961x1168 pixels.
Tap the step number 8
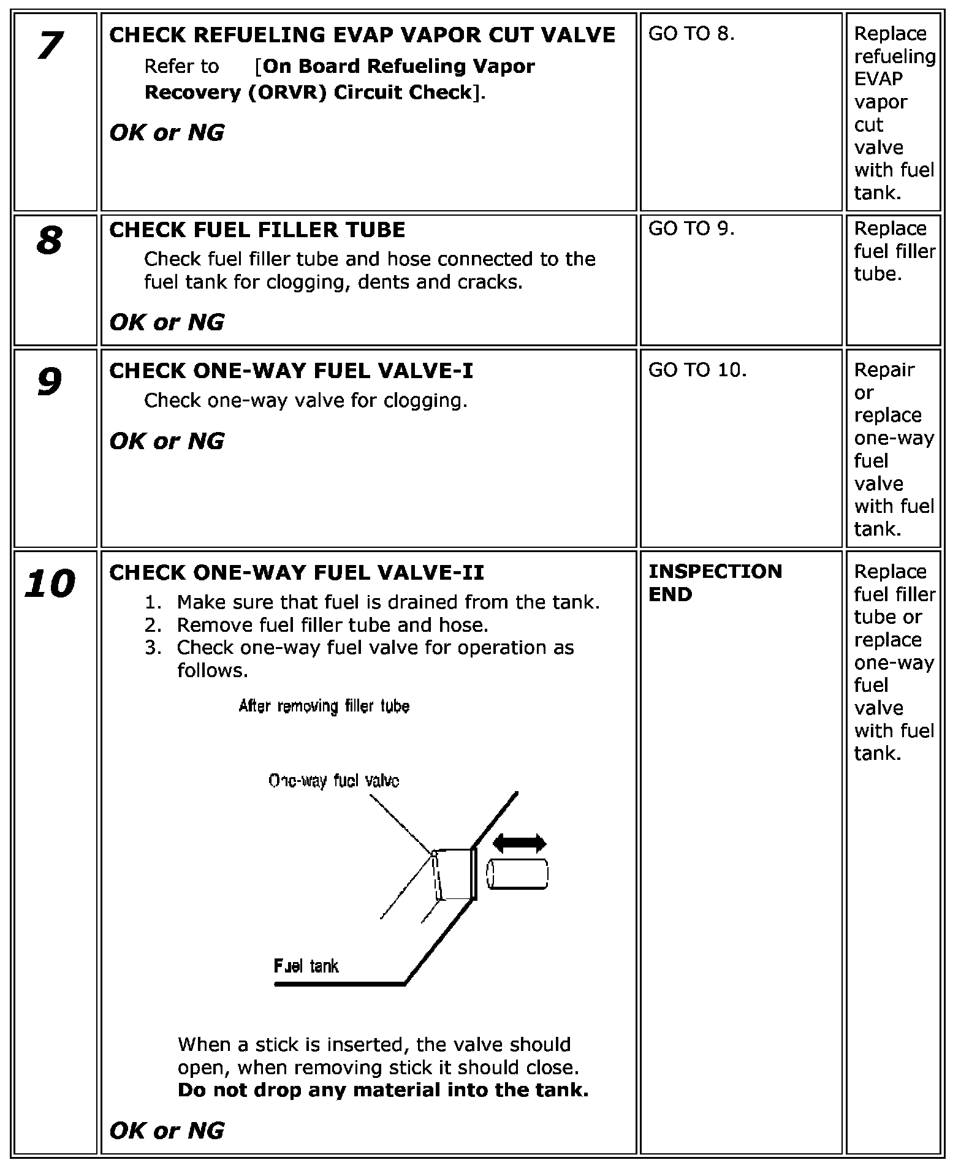pyautogui.click(x=50, y=240)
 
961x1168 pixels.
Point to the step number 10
pyautogui.click(x=50, y=583)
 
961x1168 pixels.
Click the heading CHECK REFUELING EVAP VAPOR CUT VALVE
pyautogui.click(x=362, y=35)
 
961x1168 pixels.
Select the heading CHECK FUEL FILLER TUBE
pyautogui.click(x=257, y=230)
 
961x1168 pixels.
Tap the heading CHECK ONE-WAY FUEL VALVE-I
pyautogui.click(x=291, y=371)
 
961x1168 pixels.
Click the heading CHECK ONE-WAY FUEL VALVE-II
pyautogui.click(x=297, y=572)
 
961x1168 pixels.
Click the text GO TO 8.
pyautogui.click(x=691, y=34)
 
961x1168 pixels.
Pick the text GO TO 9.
pyautogui.click(x=691, y=229)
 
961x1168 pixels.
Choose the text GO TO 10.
pyautogui.click(x=697, y=370)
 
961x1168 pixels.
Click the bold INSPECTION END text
pyautogui.click(x=715, y=582)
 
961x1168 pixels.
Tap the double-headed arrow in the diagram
pyautogui.click(x=519, y=843)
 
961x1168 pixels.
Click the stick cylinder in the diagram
pyautogui.click(x=517, y=874)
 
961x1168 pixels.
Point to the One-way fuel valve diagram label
pyautogui.click(x=334, y=781)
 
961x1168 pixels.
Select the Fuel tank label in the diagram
pyautogui.click(x=306, y=966)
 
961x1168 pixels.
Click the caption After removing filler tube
pyautogui.click(x=324, y=707)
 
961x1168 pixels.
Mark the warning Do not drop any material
pyautogui.click(x=382, y=1090)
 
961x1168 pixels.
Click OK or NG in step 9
pyautogui.click(x=167, y=441)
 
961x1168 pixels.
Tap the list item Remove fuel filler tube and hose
pyautogui.click(x=332, y=625)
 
